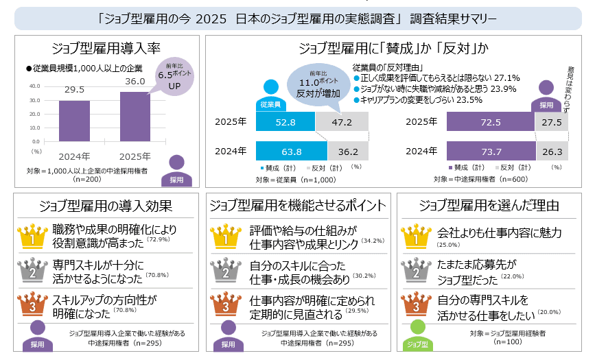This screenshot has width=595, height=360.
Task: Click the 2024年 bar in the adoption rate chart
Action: (x=73, y=120)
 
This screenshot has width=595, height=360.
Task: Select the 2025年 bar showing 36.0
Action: (x=135, y=116)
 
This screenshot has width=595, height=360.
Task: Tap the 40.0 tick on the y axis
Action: (x=35, y=86)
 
